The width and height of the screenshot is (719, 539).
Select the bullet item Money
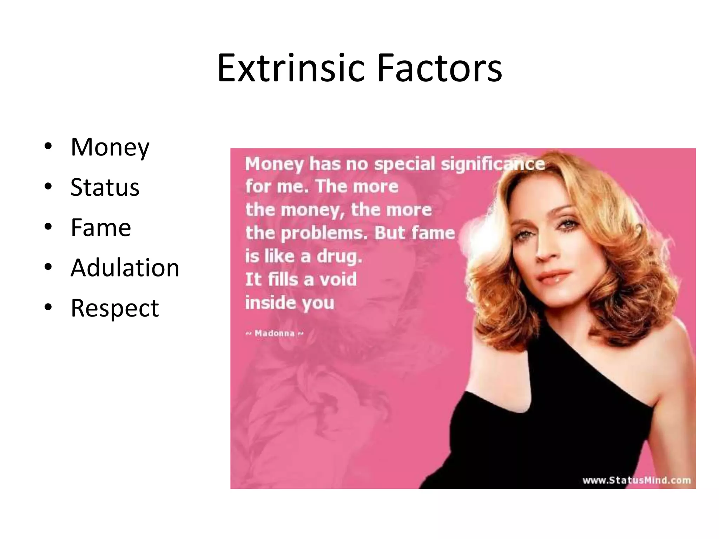(110, 147)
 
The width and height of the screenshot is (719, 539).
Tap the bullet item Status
(105, 187)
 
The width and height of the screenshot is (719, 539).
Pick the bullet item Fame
(101, 227)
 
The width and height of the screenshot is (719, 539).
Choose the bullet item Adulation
(125, 268)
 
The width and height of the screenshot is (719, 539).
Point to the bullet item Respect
(115, 308)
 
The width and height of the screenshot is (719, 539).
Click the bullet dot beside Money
(48, 146)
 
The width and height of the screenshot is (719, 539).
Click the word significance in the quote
(493, 164)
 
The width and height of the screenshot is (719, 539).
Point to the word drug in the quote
(339, 257)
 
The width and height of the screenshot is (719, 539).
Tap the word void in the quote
(338, 280)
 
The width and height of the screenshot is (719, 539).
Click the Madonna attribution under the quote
(275, 333)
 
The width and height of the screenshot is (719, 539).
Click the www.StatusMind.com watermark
(636, 480)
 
